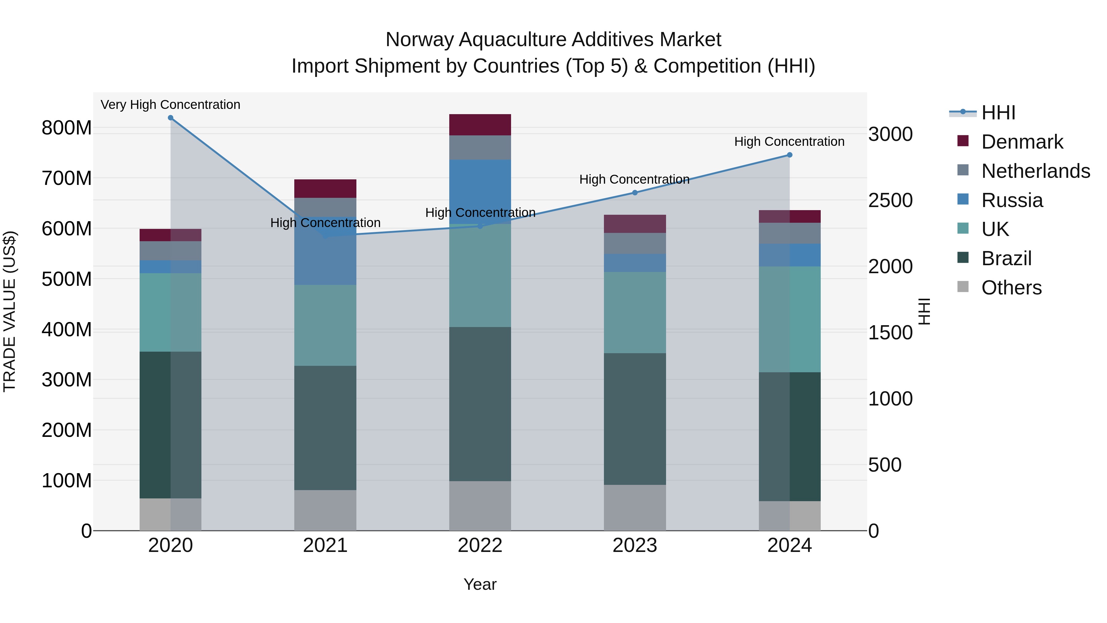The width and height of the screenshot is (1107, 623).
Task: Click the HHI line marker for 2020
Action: coord(171,118)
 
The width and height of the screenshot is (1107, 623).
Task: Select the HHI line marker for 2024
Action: coord(789,155)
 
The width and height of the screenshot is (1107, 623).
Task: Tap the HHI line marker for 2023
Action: coord(635,193)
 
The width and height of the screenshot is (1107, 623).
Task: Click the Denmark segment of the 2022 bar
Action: coord(480,125)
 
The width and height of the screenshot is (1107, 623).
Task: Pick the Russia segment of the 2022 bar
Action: coord(480,191)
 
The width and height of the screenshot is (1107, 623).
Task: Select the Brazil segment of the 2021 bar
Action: coord(325,428)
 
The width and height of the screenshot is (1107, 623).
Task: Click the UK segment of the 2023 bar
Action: coord(635,313)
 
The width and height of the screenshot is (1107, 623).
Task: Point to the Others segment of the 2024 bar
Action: coord(789,516)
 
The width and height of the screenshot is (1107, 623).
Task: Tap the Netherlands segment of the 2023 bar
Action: coord(635,243)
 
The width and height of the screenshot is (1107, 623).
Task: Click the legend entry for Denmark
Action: coord(1022,142)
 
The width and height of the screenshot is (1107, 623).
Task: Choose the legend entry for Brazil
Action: coord(1006,258)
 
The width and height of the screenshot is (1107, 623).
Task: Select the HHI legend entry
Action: coord(998,113)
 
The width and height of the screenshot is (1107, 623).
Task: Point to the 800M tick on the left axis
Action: coord(67,128)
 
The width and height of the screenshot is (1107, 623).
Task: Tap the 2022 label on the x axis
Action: coord(480,545)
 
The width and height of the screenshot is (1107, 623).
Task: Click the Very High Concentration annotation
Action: coord(171,105)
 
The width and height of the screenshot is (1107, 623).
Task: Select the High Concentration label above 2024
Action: coord(789,142)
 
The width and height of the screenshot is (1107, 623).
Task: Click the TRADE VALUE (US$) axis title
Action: coord(10,311)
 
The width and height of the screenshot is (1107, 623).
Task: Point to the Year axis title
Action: coord(480,584)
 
